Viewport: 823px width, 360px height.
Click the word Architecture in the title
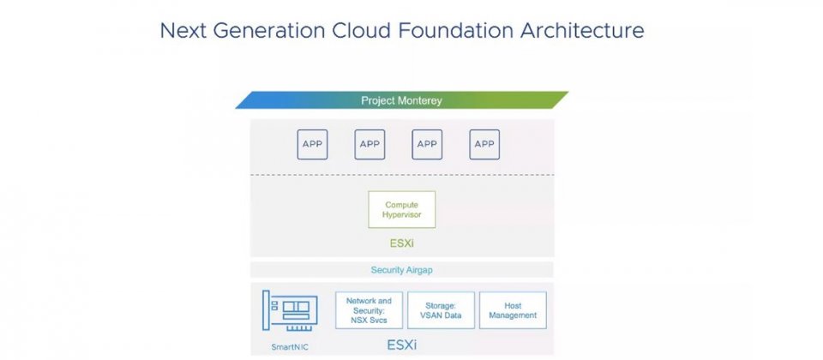(582, 30)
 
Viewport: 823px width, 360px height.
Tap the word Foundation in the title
(455, 30)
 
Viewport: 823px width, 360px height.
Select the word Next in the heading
(183, 30)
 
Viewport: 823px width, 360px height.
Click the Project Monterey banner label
(401, 100)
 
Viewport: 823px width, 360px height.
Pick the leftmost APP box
(312, 144)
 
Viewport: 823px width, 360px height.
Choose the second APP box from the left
(369, 144)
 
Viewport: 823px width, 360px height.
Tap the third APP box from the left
(427, 144)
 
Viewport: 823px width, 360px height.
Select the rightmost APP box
(484, 144)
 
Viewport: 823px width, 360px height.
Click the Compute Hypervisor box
(401, 209)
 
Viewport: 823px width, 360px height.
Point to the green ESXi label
(402, 243)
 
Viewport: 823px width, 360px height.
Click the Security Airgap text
(401, 270)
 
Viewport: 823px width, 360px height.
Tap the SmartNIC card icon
(290, 310)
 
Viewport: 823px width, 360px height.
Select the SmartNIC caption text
(289, 347)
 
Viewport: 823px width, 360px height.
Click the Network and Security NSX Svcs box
(369, 310)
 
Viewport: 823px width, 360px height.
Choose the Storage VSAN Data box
(441, 310)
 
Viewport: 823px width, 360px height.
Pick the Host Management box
(513, 310)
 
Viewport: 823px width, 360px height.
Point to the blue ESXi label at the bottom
(402, 345)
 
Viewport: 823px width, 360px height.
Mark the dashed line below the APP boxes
(402, 175)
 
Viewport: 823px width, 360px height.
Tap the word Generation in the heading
(268, 30)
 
